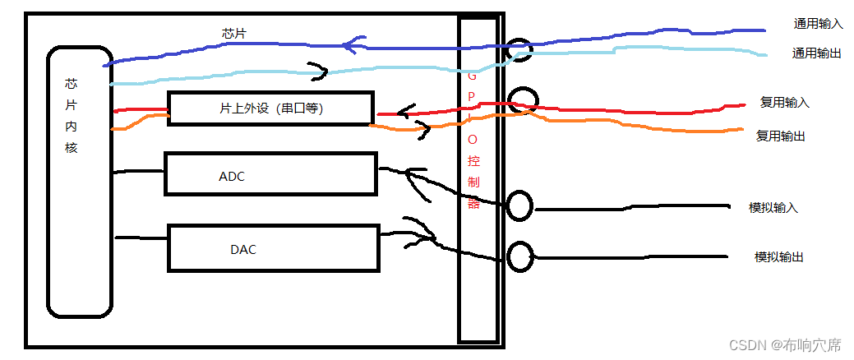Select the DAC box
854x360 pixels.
273,247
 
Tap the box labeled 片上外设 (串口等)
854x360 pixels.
270,108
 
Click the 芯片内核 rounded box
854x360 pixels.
79,181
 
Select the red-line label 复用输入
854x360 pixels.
785,103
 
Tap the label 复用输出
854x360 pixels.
780,136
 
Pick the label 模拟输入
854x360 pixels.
773,207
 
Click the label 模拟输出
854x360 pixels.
778,256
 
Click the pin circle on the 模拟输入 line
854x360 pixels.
519,205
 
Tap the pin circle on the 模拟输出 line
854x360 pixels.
519,256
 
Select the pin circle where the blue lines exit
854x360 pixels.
519,51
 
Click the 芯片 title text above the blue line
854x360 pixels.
233,34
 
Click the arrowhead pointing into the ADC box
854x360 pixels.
416,182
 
